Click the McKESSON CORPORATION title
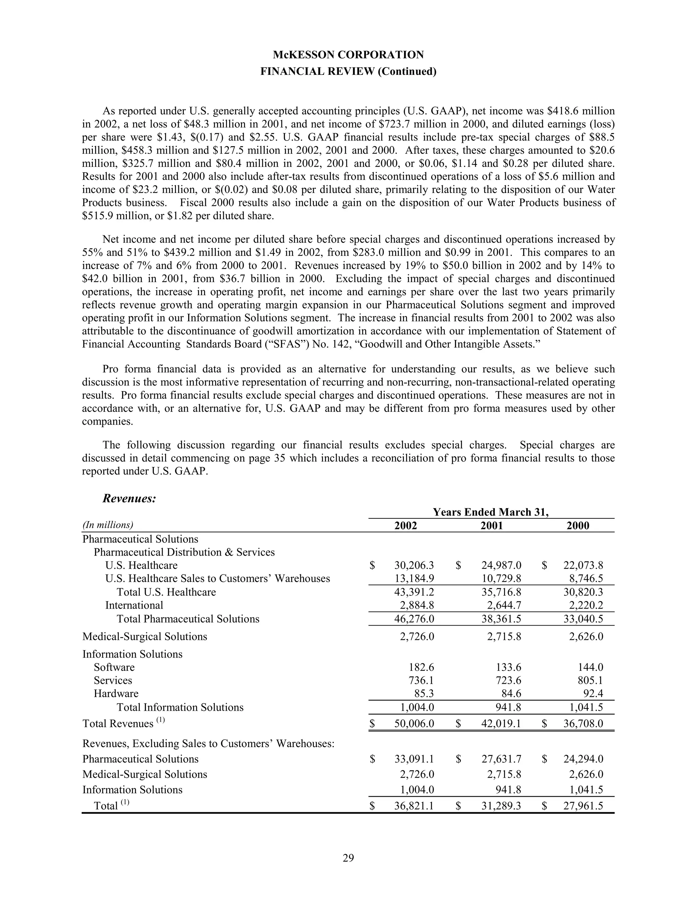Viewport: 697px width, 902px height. (348, 55)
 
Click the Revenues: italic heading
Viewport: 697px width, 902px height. (129, 499)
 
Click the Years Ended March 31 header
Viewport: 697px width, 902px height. (490, 512)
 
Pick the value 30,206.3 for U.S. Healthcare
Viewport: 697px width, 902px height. (414, 565)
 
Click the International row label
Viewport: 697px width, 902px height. (134, 606)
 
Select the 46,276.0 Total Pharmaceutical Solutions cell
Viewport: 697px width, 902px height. (414, 619)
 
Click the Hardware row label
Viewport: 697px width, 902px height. (116, 694)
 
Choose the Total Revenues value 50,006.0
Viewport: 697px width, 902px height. (414, 724)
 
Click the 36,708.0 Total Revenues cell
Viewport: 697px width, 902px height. (583, 724)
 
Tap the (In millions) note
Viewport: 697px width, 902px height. (108, 525)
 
